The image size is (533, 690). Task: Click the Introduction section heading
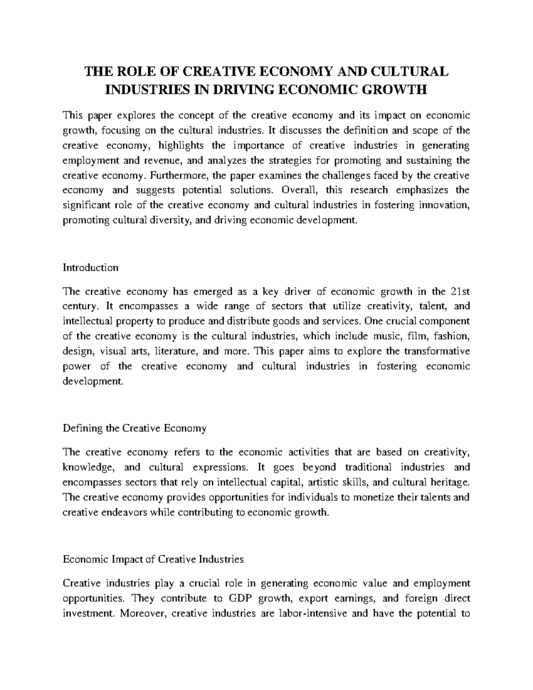tap(91, 267)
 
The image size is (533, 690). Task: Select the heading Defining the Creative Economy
tap(135, 428)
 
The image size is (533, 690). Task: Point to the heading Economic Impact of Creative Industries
tap(153, 559)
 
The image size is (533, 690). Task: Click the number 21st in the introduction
tap(460, 291)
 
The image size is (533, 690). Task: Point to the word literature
tap(176, 351)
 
